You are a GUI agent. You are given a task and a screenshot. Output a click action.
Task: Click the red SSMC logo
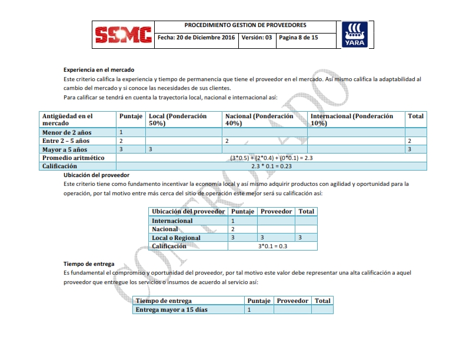click(124, 36)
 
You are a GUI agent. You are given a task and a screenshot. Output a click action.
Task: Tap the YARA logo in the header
click(355, 35)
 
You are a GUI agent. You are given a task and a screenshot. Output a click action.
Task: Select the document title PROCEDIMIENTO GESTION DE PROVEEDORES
click(245, 26)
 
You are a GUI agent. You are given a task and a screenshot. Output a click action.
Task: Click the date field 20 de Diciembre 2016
click(196, 38)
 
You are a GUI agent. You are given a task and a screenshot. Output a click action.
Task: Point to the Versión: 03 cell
click(257, 38)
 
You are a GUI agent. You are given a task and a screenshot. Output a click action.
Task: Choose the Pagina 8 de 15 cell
click(298, 38)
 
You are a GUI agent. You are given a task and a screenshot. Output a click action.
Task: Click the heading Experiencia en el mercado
click(99, 69)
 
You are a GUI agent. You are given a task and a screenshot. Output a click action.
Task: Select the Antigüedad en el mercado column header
click(68, 119)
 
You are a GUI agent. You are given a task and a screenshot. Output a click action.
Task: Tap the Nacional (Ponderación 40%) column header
click(259, 119)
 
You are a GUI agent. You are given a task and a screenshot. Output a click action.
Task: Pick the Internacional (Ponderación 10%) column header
click(352, 119)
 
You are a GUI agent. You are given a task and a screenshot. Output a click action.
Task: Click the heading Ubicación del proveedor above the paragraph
click(96, 175)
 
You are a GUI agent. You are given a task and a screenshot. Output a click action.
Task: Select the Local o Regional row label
click(176, 238)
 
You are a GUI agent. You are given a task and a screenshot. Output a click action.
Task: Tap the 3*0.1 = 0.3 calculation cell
click(272, 246)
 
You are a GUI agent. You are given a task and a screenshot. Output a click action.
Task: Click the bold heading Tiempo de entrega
click(89, 264)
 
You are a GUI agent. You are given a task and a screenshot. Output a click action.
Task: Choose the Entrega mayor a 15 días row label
click(172, 309)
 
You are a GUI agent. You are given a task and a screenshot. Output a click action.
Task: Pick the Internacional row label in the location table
click(172, 221)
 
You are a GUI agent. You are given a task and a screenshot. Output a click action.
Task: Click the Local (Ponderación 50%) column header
click(178, 119)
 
